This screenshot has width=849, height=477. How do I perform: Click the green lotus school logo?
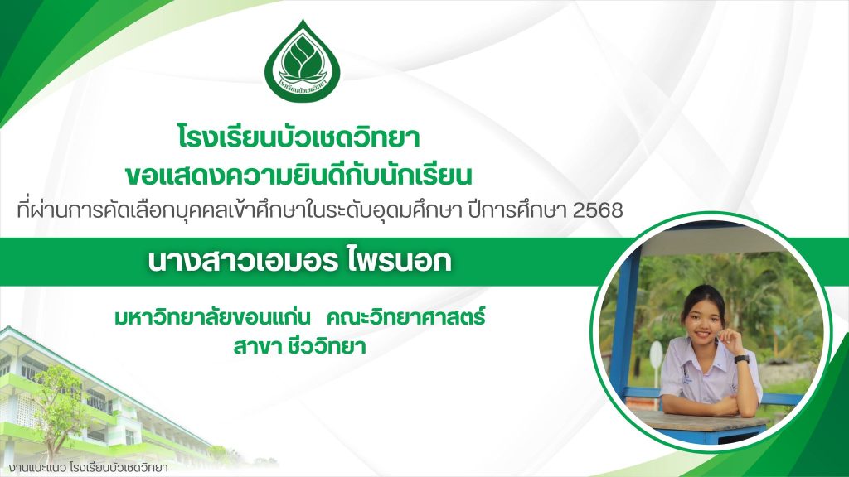[x=303, y=61]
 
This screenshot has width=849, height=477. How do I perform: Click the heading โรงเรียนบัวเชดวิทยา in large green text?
[x=298, y=137]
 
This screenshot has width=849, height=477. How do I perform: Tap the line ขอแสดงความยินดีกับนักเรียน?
[x=298, y=176]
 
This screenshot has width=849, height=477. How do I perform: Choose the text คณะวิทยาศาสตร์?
[x=405, y=317]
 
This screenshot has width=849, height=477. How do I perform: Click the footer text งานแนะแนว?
[x=37, y=468]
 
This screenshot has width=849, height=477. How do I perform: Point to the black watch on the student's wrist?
[x=742, y=359]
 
